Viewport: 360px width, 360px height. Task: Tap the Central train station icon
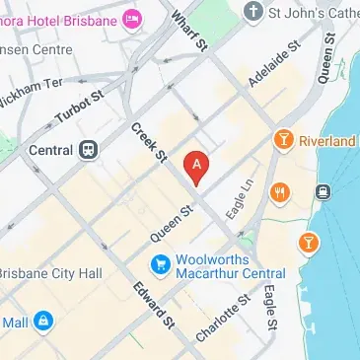(89, 150)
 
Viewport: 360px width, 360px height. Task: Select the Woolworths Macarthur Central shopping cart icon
(159, 263)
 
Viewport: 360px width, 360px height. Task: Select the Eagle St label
(269, 309)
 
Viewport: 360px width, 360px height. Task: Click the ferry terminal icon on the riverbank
(323, 190)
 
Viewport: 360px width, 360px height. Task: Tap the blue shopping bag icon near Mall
(43, 322)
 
